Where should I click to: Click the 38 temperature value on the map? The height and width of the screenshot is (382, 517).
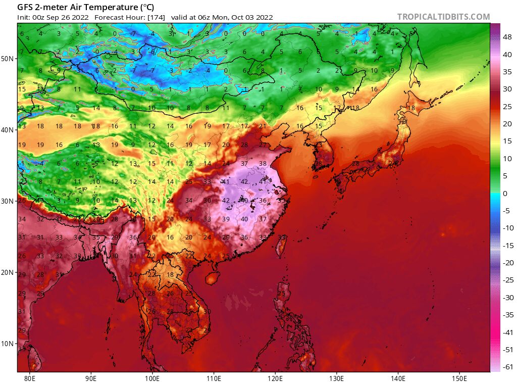pyautogui.click(x=263, y=164)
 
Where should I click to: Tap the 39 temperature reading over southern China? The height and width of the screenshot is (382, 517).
pyautogui.click(x=226, y=219)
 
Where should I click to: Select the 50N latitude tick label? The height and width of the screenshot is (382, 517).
pyautogui.click(x=7, y=59)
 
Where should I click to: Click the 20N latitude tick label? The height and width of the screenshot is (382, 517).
pyautogui.click(x=7, y=272)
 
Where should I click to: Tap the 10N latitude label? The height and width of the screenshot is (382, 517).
pyautogui.click(x=7, y=344)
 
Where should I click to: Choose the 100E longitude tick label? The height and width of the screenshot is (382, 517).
pyautogui.click(x=152, y=377)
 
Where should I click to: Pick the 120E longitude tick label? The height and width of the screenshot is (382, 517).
pyautogui.click(x=275, y=377)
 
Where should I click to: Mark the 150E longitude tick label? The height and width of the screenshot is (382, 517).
pyautogui.click(x=459, y=377)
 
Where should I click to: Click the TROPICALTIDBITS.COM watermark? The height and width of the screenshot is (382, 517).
pyautogui.click(x=443, y=17)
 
